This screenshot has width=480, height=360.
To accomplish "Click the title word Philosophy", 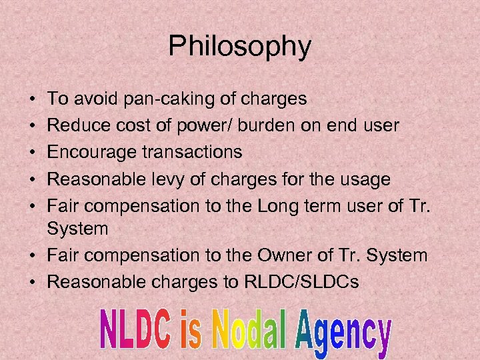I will click(x=239, y=47).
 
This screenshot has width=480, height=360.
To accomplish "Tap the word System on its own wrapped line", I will click(x=78, y=229).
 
